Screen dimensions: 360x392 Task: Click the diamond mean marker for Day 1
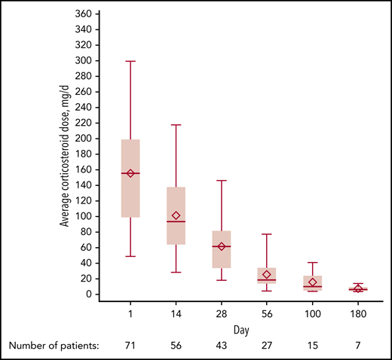pos(130,173)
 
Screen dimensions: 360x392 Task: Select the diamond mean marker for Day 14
pos(176,216)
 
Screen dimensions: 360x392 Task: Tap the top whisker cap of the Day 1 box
pos(130,61)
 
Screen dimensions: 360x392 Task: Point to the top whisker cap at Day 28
pos(221,181)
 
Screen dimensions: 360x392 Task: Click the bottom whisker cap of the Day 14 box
pos(176,272)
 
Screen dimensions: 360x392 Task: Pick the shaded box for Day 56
pos(266,274)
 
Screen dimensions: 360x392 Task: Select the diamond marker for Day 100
pos(311,282)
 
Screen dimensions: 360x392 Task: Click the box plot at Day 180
pos(357,288)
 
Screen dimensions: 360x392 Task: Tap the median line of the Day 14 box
pos(176,221)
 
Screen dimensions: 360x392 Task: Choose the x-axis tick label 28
pos(221,314)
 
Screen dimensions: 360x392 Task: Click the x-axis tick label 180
pos(357,314)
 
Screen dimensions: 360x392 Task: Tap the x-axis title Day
pos(243,329)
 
